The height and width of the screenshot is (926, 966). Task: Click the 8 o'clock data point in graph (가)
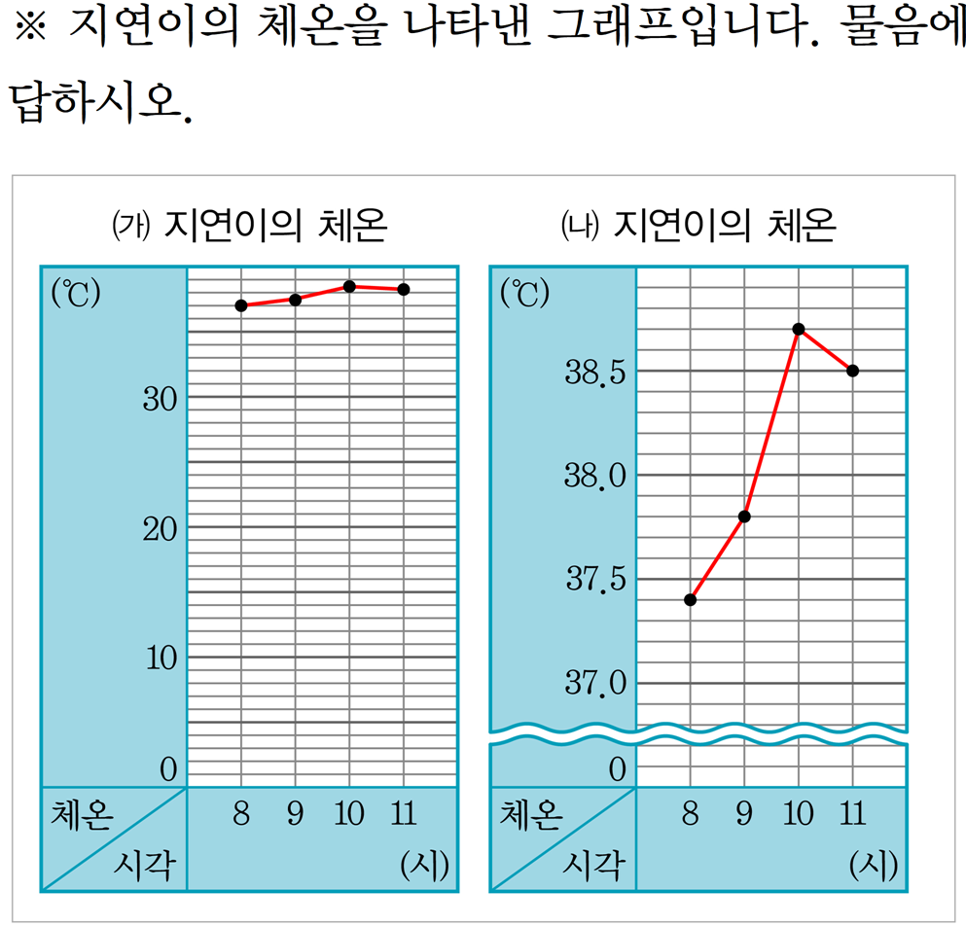click(x=241, y=305)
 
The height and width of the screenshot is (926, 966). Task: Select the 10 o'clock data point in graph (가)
click(x=349, y=286)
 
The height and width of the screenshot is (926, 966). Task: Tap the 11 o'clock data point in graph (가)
click(x=404, y=289)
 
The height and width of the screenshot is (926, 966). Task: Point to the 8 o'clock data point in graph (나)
click(x=690, y=599)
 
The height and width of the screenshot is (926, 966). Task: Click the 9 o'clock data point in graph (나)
click(x=744, y=516)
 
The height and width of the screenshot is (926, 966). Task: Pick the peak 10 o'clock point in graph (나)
click(x=799, y=329)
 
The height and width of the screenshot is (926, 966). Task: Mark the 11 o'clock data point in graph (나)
click(x=853, y=371)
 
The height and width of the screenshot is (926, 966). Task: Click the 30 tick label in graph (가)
click(x=160, y=399)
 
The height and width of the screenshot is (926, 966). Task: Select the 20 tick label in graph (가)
click(x=160, y=529)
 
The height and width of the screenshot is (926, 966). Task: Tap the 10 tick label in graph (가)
click(x=160, y=659)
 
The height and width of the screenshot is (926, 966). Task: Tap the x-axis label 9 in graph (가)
click(x=295, y=814)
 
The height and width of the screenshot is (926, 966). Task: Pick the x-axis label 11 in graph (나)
click(x=852, y=814)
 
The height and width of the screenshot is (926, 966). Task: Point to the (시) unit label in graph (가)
click(x=425, y=866)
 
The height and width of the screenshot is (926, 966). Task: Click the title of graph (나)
click(x=700, y=228)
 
